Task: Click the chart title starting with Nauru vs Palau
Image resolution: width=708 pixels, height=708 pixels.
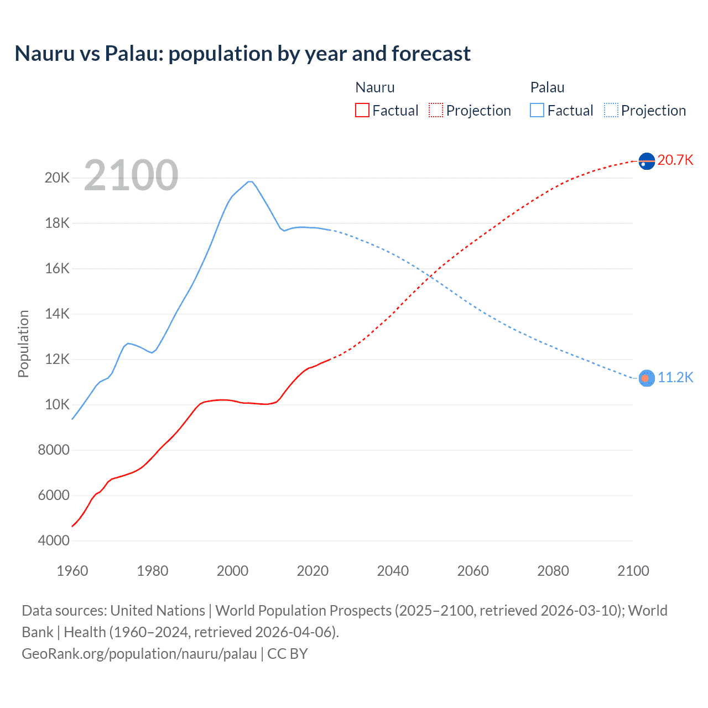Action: [x=242, y=54]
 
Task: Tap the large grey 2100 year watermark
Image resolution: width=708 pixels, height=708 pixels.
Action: [x=131, y=175]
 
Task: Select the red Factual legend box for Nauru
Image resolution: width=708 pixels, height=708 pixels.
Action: [x=362, y=110]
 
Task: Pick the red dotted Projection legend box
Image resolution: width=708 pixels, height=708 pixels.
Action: [x=436, y=110]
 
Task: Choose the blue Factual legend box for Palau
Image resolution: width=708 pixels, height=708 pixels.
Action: [x=537, y=110]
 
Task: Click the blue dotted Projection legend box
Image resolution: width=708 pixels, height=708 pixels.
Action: [x=611, y=110]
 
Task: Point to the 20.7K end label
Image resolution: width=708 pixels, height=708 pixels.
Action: [x=675, y=160]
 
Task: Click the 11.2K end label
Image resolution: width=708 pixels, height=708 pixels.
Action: [x=675, y=377]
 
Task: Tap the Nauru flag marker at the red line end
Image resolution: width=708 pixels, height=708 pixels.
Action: [x=647, y=161]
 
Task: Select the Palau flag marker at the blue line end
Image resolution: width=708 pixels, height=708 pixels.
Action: [x=647, y=378]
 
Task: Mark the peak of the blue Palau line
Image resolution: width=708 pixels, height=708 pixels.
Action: [x=250, y=181]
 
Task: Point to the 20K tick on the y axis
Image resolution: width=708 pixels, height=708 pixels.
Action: [x=58, y=178]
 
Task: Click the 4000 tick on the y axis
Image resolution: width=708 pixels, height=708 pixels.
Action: [x=54, y=540]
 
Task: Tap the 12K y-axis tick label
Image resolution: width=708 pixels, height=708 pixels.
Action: [x=58, y=359]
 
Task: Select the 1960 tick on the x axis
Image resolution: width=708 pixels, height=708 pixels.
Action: [x=72, y=571]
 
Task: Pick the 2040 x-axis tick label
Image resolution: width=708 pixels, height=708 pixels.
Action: [x=393, y=571]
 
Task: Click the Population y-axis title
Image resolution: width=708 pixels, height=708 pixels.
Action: [x=23, y=343]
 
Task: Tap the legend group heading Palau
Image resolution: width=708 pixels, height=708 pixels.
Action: [x=547, y=87]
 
